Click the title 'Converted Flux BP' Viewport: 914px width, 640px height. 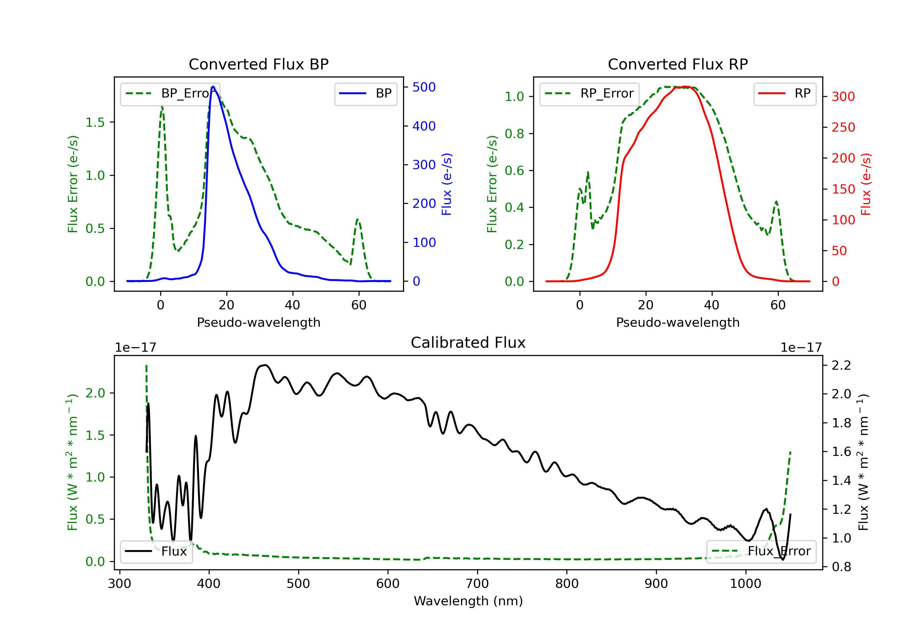(x=258, y=64)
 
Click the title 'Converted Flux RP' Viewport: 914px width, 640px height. (x=678, y=64)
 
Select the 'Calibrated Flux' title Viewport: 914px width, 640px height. (x=468, y=343)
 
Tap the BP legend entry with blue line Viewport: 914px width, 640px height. (x=365, y=94)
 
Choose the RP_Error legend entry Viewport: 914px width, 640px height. (x=589, y=94)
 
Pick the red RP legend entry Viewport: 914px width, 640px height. (x=785, y=94)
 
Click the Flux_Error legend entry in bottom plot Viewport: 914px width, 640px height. (x=761, y=551)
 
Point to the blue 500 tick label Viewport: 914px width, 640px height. (x=424, y=87)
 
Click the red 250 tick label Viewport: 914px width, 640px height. (x=843, y=127)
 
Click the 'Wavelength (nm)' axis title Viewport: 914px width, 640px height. (x=468, y=601)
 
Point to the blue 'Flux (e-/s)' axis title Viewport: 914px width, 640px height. (x=447, y=184)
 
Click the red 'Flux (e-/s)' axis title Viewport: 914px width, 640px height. (x=866, y=184)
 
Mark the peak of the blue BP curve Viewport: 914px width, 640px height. (x=213, y=87)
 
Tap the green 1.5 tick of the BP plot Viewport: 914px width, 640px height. (x=95, y=122)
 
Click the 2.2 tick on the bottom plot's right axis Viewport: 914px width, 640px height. (x=841, y=365)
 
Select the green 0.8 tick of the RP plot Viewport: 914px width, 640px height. (x=514, y=133)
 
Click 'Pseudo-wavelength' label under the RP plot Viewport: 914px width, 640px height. (x=678, y=322)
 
